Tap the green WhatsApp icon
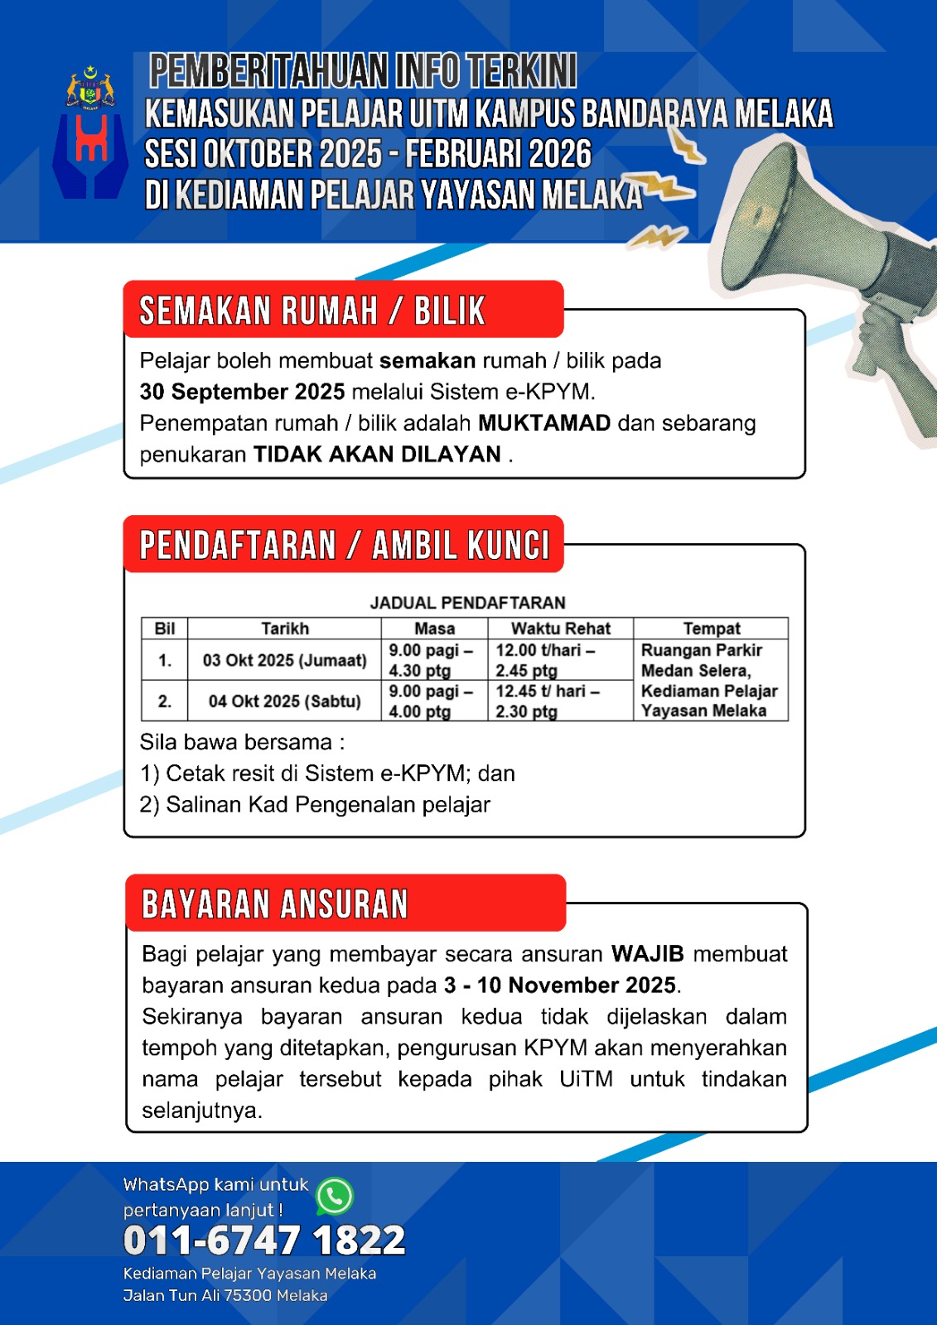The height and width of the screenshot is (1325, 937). click(x=335, y=1197)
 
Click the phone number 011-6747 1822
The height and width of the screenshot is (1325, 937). click(x=264, y=1241)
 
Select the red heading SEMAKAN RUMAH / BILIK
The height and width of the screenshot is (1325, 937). click(x=312, y=311)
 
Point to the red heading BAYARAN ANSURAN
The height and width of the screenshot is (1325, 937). click(x=275, y=904)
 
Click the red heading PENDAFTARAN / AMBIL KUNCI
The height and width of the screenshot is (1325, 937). click(x=344, y=546)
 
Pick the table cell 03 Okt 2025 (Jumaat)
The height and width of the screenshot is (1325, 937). click(x=284, y=660)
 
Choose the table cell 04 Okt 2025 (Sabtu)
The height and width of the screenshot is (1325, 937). click(x=284, y=701)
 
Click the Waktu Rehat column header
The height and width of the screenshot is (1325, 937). click(x=560, y=629)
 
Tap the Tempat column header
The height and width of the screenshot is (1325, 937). click(x=711, y=629)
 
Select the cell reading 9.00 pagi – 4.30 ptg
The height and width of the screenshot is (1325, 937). click(x=432, y=660)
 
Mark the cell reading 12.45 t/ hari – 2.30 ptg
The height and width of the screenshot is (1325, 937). click(x=548, y=701)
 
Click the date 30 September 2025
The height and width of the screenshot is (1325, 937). click(x=242, y=392)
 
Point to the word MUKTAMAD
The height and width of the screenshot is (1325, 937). click(x=544, y=423)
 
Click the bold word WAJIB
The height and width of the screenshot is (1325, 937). click(x=647, y=954)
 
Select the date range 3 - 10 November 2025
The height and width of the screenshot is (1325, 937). click(x=560, y=985)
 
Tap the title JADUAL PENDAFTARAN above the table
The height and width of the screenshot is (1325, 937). click(x=467, y=603)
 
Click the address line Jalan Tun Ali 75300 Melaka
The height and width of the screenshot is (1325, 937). click(x=225, y=1296)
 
